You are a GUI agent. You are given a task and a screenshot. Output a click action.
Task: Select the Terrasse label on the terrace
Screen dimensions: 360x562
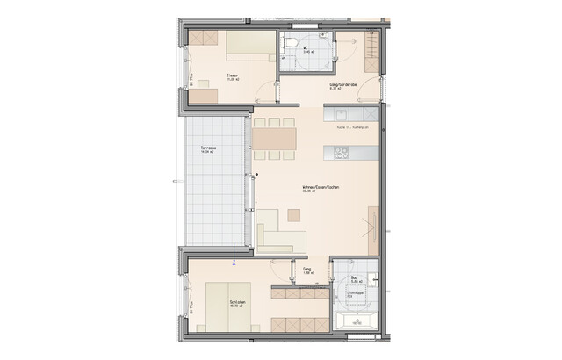[208, 147]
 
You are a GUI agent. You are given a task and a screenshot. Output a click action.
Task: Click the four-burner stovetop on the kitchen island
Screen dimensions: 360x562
[341, 153]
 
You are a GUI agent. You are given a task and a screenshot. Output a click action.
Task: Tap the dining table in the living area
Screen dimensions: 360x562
[273, 140]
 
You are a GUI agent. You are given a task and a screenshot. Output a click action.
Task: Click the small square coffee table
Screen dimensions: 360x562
[293, 216]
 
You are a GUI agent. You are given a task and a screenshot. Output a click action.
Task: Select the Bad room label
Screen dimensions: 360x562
[355, 277]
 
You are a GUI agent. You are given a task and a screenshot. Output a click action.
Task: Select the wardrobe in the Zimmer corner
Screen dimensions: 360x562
[206, 40]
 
